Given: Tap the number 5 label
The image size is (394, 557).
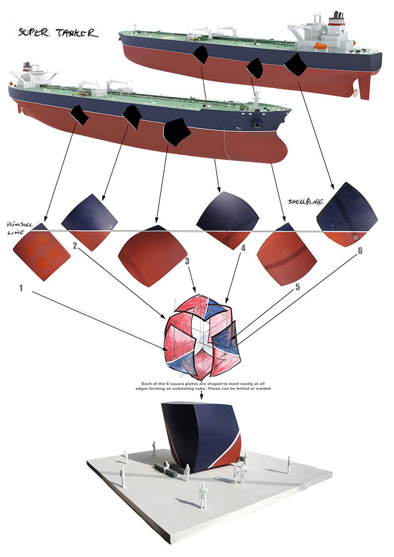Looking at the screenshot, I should point(297,288).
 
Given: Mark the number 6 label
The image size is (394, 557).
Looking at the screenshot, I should point(360,251).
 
